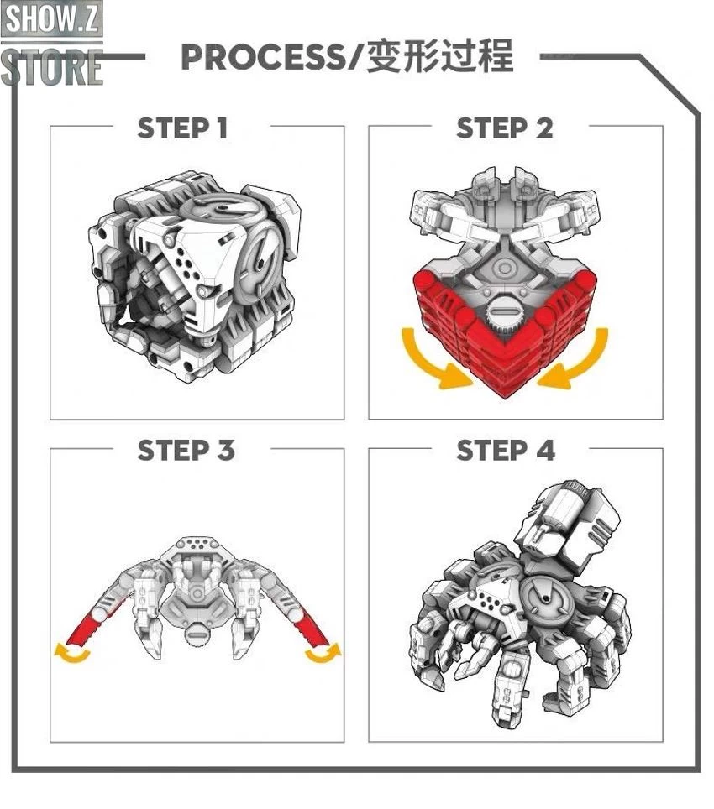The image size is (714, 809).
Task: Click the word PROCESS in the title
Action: pyautogui.click(x=262, y=57)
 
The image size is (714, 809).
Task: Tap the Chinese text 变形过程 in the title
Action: pyautogui.click(x=440, y=55)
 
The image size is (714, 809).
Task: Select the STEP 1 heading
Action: pyautogui.click(x=182, y=128)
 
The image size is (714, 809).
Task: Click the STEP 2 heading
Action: pyautogui.click(x=504, y=128)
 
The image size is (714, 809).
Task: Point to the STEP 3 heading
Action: pyautogui.click(x=186, y=450)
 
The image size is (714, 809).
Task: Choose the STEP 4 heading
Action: pyautogui.click(x=506, y=450)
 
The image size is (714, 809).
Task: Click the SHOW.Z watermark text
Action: pyautogui.click(x=51, y=18)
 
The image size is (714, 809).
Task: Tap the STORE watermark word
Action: pyautogui.click(x=51, y=67)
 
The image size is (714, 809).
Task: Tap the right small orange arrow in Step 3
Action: pyautogui.click(x=323, y=654)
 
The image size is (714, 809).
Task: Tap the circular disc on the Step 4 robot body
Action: pyautogui.click(x=547, y=601)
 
